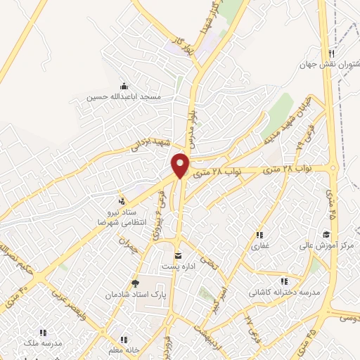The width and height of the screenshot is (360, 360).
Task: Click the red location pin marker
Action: pyautogui.click(x=181, y=165)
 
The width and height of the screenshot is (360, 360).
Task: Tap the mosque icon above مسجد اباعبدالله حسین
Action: pyautogui.click(x=124, y=86)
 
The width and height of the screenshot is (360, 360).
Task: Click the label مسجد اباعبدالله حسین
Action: pyautogui.click(x=124, y=96)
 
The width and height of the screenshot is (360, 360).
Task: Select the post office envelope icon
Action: pyautogui.click(x=178, y=255)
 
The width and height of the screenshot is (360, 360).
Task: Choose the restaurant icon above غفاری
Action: pyautogui.click(x=259, y=236)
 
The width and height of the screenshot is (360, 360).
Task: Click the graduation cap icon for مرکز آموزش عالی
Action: pyautogui.click(x=326, y=235)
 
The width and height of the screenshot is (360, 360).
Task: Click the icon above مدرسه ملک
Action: pyautogui.click(x=43, y=332)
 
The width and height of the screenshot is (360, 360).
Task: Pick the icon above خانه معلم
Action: pyautogui.click(x=124, y=339)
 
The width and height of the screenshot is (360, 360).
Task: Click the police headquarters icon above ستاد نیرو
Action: pyautogui.click(x=124, y=200)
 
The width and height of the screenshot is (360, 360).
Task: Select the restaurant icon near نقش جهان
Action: pyautogui.click(x=330, y=53)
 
